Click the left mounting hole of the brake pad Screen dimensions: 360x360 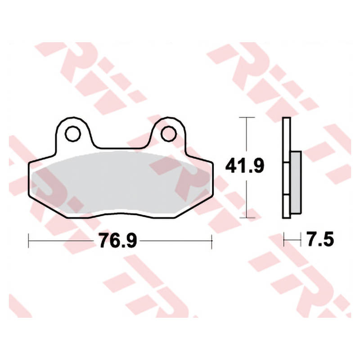pyautogui.click(x=73, y=134)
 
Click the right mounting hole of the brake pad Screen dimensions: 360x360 pyautogui.click(x=168, y=134)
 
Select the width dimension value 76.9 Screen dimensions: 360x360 pyautogui.click(x=117, y=240)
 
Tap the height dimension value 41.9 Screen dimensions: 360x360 pyautogui.click(x=245, y=165)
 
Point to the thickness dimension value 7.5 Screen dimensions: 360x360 pyautogui.click(x=320, y=239)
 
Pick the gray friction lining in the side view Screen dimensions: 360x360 pyautogui.click(x=296, y=183)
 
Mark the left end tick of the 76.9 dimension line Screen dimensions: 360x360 pyautogui.click(x=28, y=241)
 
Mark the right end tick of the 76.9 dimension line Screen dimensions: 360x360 pyautogui.click(x=211, y=241)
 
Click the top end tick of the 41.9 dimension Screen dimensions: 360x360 pyautogui.click(x=247, y=117)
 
